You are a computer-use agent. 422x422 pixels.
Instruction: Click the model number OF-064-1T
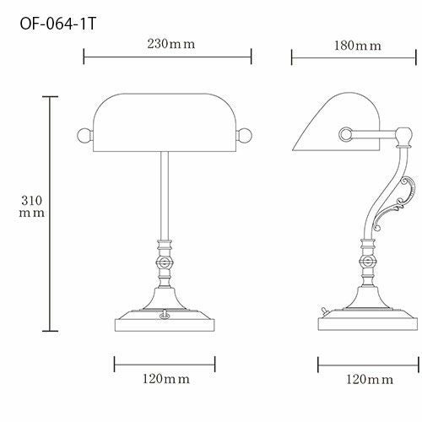[x=58, y=24]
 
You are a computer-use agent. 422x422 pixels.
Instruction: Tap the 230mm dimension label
[x=171, y=44]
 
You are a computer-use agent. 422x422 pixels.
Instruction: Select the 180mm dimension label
[x=358, y=46]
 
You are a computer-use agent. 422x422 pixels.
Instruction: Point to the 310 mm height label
[x=31, y=207]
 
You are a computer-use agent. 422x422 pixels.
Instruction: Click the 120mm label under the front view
[x=166, y=379]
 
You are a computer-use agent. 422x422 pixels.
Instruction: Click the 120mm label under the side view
[x=370, y=380]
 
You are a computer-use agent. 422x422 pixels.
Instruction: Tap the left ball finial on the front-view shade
[x=84, y=136]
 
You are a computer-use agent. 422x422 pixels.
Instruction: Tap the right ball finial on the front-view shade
[x=244, y=136]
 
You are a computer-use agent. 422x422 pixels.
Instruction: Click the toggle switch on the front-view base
[x=165, y=315]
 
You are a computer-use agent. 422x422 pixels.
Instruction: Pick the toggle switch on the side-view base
[x=324, y=311]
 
